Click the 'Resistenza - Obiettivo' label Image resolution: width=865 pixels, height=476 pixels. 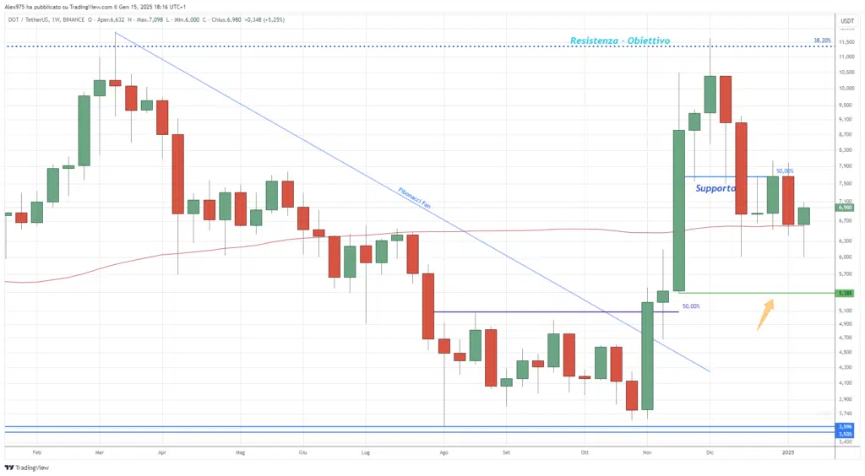click(x=620, y=41)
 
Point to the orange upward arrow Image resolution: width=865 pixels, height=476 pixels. click(x=764, y=314)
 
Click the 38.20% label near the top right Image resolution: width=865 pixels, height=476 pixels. click(x=822, y=40)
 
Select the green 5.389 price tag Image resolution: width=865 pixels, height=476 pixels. click(x=846, y=293)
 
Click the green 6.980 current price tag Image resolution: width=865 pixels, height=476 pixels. click(x=846, y=207)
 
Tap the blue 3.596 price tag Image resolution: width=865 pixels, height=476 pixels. click(x=846, y=427)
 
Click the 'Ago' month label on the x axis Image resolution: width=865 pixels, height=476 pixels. click(x=443, y=452)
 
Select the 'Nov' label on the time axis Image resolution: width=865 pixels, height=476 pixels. click(x=647, y=452)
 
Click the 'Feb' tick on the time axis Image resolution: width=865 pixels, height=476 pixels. click(x=35, y=452)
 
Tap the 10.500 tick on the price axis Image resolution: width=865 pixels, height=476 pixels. click(x=846, y=72)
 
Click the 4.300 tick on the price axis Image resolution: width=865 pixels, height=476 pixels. click(x=846, y=367)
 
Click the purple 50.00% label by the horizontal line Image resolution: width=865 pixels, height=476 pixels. click(x=691, y=306)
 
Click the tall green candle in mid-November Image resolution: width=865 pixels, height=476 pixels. click(x=678, y=210)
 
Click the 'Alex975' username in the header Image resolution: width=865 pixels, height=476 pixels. click(x=16, y=7)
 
